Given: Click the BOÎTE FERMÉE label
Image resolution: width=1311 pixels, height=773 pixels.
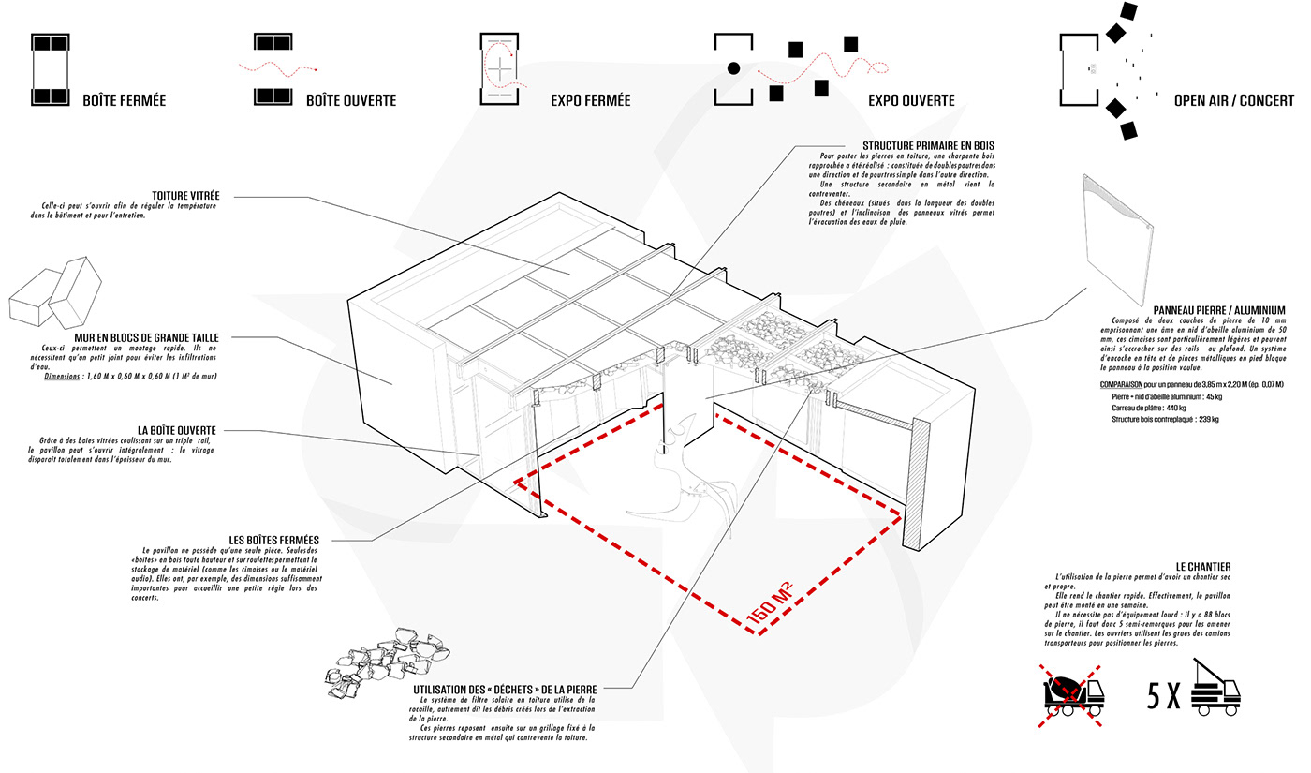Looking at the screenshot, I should (124, 100).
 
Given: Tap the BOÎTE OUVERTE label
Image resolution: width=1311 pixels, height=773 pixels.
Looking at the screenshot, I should (351, 100).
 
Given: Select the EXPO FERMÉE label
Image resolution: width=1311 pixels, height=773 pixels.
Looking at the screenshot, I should (590, 100).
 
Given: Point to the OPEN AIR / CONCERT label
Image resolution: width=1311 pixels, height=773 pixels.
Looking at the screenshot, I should (1228, 100).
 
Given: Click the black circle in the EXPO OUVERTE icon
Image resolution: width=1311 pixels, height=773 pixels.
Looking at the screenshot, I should (734, 67).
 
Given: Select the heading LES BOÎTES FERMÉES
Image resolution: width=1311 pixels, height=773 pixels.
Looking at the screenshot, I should (274, 540).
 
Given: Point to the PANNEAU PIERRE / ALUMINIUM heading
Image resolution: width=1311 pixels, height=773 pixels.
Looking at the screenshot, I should (1219, 310).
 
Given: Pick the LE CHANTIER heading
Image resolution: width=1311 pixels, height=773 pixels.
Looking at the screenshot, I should (1203, 566).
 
